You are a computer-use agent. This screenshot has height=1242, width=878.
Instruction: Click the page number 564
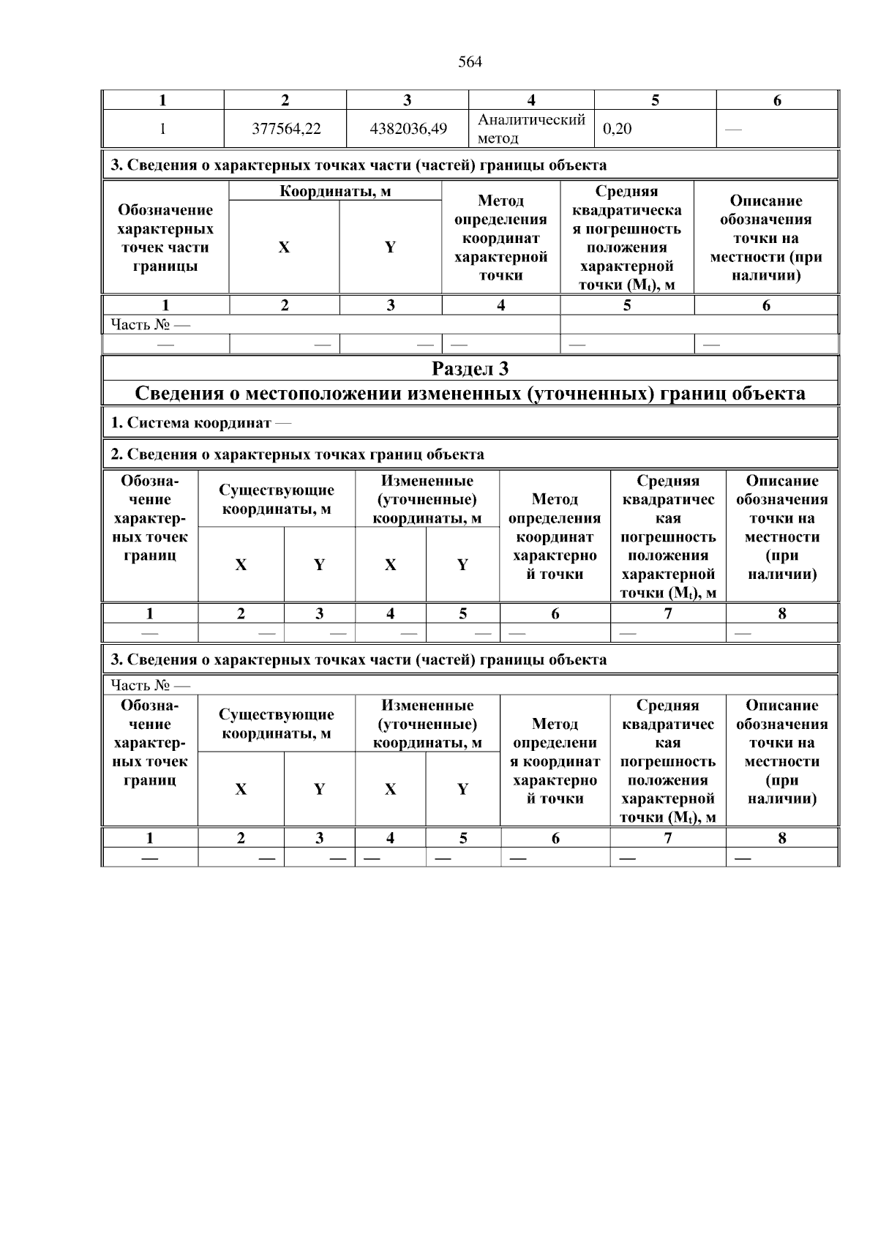(x=470, y=62)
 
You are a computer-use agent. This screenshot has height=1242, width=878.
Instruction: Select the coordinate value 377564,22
(x=286, y=129)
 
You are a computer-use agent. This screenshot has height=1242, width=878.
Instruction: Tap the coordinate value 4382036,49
(x=408, y=129)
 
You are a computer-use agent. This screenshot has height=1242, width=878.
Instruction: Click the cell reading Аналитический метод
(x=531, y=129)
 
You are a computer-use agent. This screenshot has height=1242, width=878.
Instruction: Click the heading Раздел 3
(x=470, y=368)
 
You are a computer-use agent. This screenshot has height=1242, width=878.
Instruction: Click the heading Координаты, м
(x=335, y=192)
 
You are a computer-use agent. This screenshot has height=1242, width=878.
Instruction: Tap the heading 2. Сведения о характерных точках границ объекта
(x=297, y=454)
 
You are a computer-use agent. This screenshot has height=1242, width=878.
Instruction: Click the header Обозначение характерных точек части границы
(x=165, y=238)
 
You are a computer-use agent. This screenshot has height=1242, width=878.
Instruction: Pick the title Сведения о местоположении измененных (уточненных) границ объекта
(x=470, y=394)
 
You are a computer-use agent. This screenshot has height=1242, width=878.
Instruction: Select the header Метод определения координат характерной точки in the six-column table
(x=500, y=238)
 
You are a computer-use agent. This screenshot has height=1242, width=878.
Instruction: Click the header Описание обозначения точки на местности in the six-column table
(x=765, y=238)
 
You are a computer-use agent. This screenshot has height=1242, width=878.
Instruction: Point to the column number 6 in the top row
(x=777, y=100)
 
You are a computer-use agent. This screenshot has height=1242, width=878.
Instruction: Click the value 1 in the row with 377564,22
(x=162, y=129)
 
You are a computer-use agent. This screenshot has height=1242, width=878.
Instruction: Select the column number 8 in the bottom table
(x=781, y=839)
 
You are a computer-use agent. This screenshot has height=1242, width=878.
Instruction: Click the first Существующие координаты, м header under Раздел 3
(x=277, y=499)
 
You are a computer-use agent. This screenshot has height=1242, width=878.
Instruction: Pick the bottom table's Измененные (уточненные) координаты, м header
(x=427, y=724)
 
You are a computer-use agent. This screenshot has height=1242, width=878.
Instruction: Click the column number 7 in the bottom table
(x=667, y=839)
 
